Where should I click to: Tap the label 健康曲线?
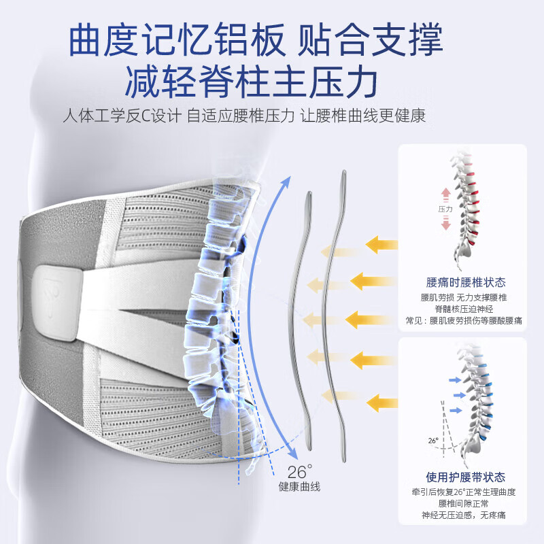click(x=299, y=487)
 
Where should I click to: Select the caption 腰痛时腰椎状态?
click(x=465, y=282)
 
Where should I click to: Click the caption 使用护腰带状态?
click(x=465, y=478)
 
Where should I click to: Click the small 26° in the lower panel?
click(x=433, y=440)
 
